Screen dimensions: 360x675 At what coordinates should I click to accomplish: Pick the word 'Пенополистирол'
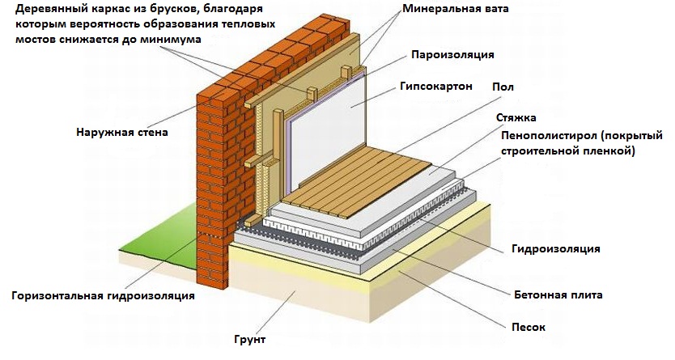pyautogui.click(x=542, y=135)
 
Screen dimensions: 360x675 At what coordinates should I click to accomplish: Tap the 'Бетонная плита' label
pyautogui.click(x=558, y=295)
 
